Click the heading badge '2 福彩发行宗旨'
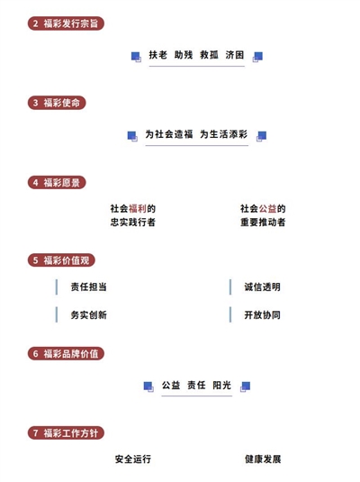coord(66,23)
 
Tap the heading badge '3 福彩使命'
coord(57,103)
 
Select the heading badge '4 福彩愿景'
coord(57,183)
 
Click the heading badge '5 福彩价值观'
coord(61,260)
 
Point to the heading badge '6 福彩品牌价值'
coord(66,353)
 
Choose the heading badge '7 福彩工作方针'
coord(66,433)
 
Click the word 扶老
coord(157,55)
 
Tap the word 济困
coord(235,55)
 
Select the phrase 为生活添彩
coord(224,134)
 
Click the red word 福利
coord(138,208)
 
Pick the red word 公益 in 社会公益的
coord(267,208)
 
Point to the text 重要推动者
coord(263,222)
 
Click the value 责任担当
coord(89,286)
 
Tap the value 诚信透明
coord(262,286)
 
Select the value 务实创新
coord(89,314)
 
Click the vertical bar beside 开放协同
coord(230,314)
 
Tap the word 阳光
coord(221,385)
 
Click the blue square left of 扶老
coord(136,57)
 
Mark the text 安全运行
coord(133,459)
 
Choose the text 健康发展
coord(263,459)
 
